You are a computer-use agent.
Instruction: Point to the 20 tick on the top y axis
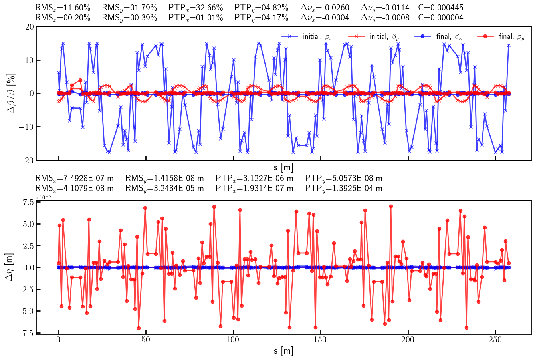pyautogui.click(x=29, y=27)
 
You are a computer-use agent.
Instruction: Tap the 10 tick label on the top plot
pyautogui.click(x=29, y=60)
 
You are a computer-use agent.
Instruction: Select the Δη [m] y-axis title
pyautogui.click(x=10, y=267)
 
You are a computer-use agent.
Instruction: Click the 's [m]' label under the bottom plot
pyautogui.click(x=283, y=351)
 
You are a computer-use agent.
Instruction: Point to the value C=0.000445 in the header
pyautogui.click(x=441, y=8)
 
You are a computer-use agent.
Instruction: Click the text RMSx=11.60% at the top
pyautogui.click(x=63, y=8)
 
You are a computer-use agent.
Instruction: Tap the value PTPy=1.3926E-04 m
pyautogui.click(x=343, y=188)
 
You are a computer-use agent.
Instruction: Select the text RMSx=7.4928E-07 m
pyautogui.click(x=74, y=178)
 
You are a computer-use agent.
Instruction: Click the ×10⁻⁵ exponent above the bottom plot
pyautogui.click(x=43, y=197)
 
